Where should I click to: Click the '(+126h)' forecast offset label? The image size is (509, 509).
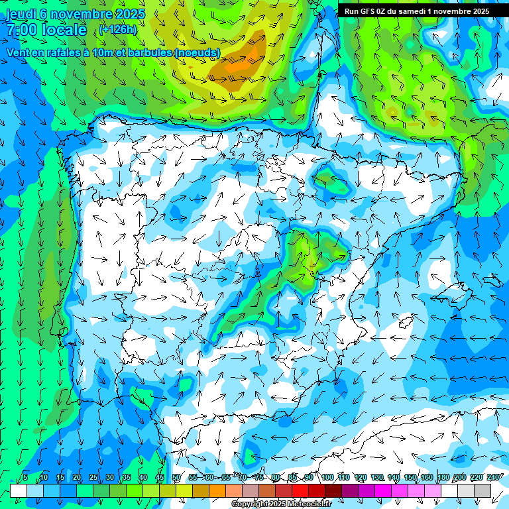[x=117, y=30]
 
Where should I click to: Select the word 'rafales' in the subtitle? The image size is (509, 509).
[x=68, y=52]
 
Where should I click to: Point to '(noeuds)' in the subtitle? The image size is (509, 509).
[x=198, y=52]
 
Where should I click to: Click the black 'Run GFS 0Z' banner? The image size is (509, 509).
[x=417, y=11]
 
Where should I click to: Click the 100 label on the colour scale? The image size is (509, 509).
[x=327, y=477]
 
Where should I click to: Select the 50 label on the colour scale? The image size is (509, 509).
[x=176, y=477]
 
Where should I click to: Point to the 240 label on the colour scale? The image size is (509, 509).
[x=493, y=477]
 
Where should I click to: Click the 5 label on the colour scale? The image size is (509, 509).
[x=25, y=477]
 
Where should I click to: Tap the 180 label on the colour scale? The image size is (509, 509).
[x=443, y=477]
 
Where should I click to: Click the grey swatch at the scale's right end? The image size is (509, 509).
[x=482, y=490]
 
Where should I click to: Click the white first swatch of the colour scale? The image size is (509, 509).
[x=19, y=490]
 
